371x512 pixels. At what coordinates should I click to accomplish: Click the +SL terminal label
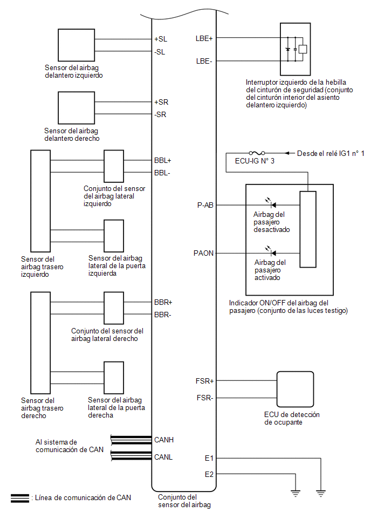(161, 39)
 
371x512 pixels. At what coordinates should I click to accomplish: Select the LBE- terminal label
(204, 61)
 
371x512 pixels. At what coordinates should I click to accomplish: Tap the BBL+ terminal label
(163, 160)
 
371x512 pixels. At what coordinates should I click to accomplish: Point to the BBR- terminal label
(162, 315)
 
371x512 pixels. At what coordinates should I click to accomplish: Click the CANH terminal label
(164, 440)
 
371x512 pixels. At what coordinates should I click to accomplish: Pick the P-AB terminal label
(205, 205)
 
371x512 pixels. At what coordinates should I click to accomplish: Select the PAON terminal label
(203, 253)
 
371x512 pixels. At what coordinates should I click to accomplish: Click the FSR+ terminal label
(204, 381)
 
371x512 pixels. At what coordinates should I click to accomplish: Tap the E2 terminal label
(209, 474)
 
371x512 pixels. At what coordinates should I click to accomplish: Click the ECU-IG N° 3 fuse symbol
(257, 153)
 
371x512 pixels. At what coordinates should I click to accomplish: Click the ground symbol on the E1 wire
(321, 494)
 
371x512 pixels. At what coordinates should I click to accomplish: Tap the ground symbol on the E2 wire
(296, 494)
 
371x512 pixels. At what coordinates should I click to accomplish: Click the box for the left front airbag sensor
(77, 45)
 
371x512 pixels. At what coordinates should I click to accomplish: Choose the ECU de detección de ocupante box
(295, 390)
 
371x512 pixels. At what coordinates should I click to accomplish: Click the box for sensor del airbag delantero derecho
(77, 108)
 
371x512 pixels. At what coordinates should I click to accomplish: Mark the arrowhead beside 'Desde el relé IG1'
(287, 153)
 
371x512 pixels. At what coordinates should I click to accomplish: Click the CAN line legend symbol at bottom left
(20, 499)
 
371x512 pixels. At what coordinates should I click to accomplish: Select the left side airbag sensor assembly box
(114, 166)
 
